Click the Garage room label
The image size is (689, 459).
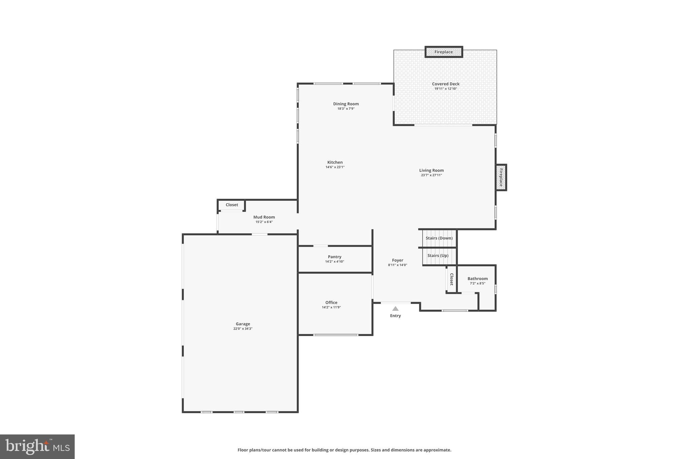243,324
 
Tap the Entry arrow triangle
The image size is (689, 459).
395,308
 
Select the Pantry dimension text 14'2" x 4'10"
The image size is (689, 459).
334,262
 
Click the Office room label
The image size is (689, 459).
331,302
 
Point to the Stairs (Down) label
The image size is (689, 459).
439,238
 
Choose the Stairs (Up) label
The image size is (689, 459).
438,256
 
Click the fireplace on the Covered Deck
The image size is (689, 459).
443,52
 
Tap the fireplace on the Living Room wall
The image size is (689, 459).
501,178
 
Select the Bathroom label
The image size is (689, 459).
477,278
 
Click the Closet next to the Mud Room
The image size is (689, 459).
232,205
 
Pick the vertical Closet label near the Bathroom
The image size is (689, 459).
451,279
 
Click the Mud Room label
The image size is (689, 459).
264,217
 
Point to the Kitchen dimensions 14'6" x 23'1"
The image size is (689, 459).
335,167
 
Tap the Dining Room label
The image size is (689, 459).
346,104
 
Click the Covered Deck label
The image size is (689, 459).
445,84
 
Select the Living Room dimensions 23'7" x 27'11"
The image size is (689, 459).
431,175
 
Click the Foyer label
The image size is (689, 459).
397,260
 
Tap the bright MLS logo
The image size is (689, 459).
37,447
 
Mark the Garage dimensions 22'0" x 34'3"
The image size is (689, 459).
243,329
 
